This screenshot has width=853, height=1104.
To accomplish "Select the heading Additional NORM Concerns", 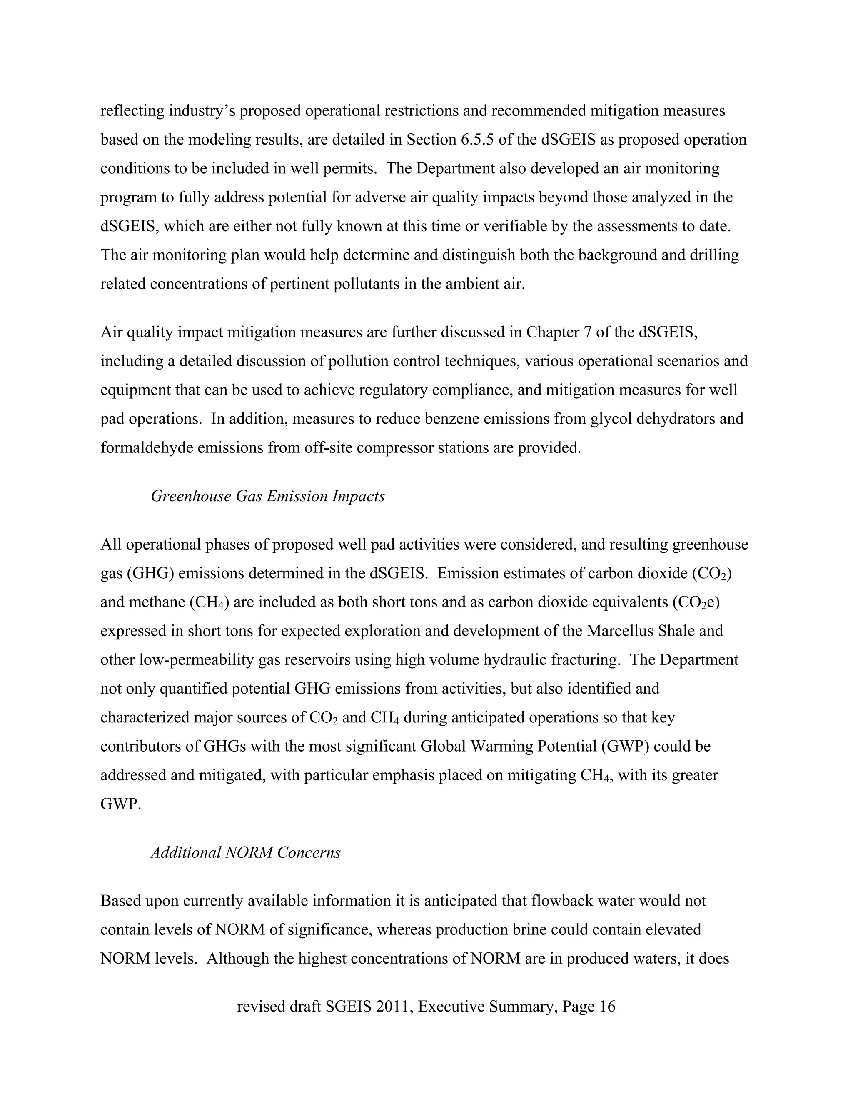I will point(246,852).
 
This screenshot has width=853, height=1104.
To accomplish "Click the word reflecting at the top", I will point(132,111).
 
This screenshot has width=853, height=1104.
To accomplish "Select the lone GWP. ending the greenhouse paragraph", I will point(120,804).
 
